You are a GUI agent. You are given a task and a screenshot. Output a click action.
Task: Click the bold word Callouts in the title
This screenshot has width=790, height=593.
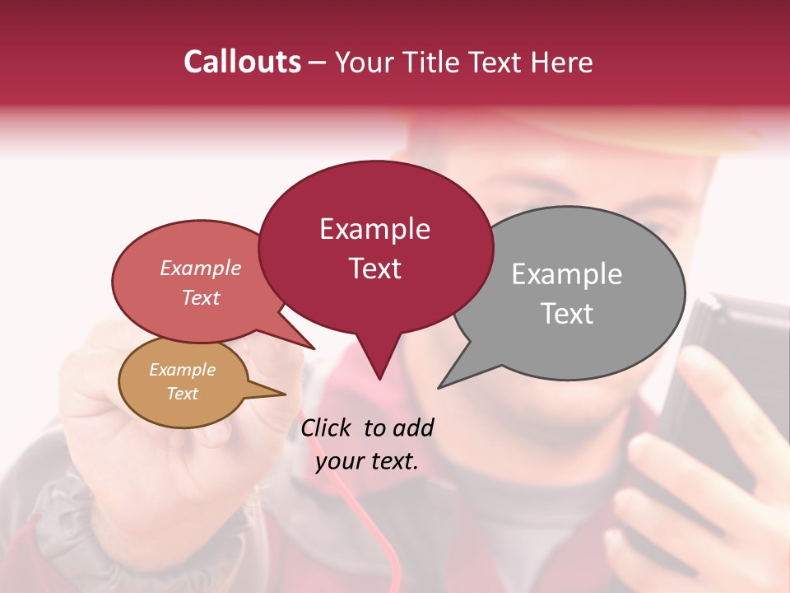pos(242,62)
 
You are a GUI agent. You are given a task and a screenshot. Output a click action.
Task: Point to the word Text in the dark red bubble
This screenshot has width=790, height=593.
pos(374,268)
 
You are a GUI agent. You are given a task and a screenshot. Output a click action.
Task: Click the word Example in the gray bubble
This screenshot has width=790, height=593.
pos(567,273)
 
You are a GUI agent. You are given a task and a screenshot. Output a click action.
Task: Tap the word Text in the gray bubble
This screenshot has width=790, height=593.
pos(567,313)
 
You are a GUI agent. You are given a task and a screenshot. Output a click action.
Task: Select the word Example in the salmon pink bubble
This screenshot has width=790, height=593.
pos(201,268)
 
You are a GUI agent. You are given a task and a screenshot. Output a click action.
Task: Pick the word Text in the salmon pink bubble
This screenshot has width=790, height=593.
pos(201,297)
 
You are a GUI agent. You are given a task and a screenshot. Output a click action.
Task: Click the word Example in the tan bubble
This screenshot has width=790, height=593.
pos(182,370)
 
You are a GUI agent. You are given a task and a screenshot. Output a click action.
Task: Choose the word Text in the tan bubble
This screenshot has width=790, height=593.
pos(182,394)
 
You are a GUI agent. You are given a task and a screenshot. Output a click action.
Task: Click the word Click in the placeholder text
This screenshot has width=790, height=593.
pos(328,427)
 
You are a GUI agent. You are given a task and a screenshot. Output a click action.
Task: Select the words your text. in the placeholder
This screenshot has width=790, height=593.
pos(367,461)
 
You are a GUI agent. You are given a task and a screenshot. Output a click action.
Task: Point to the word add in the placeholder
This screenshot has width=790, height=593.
pos(412,427)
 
